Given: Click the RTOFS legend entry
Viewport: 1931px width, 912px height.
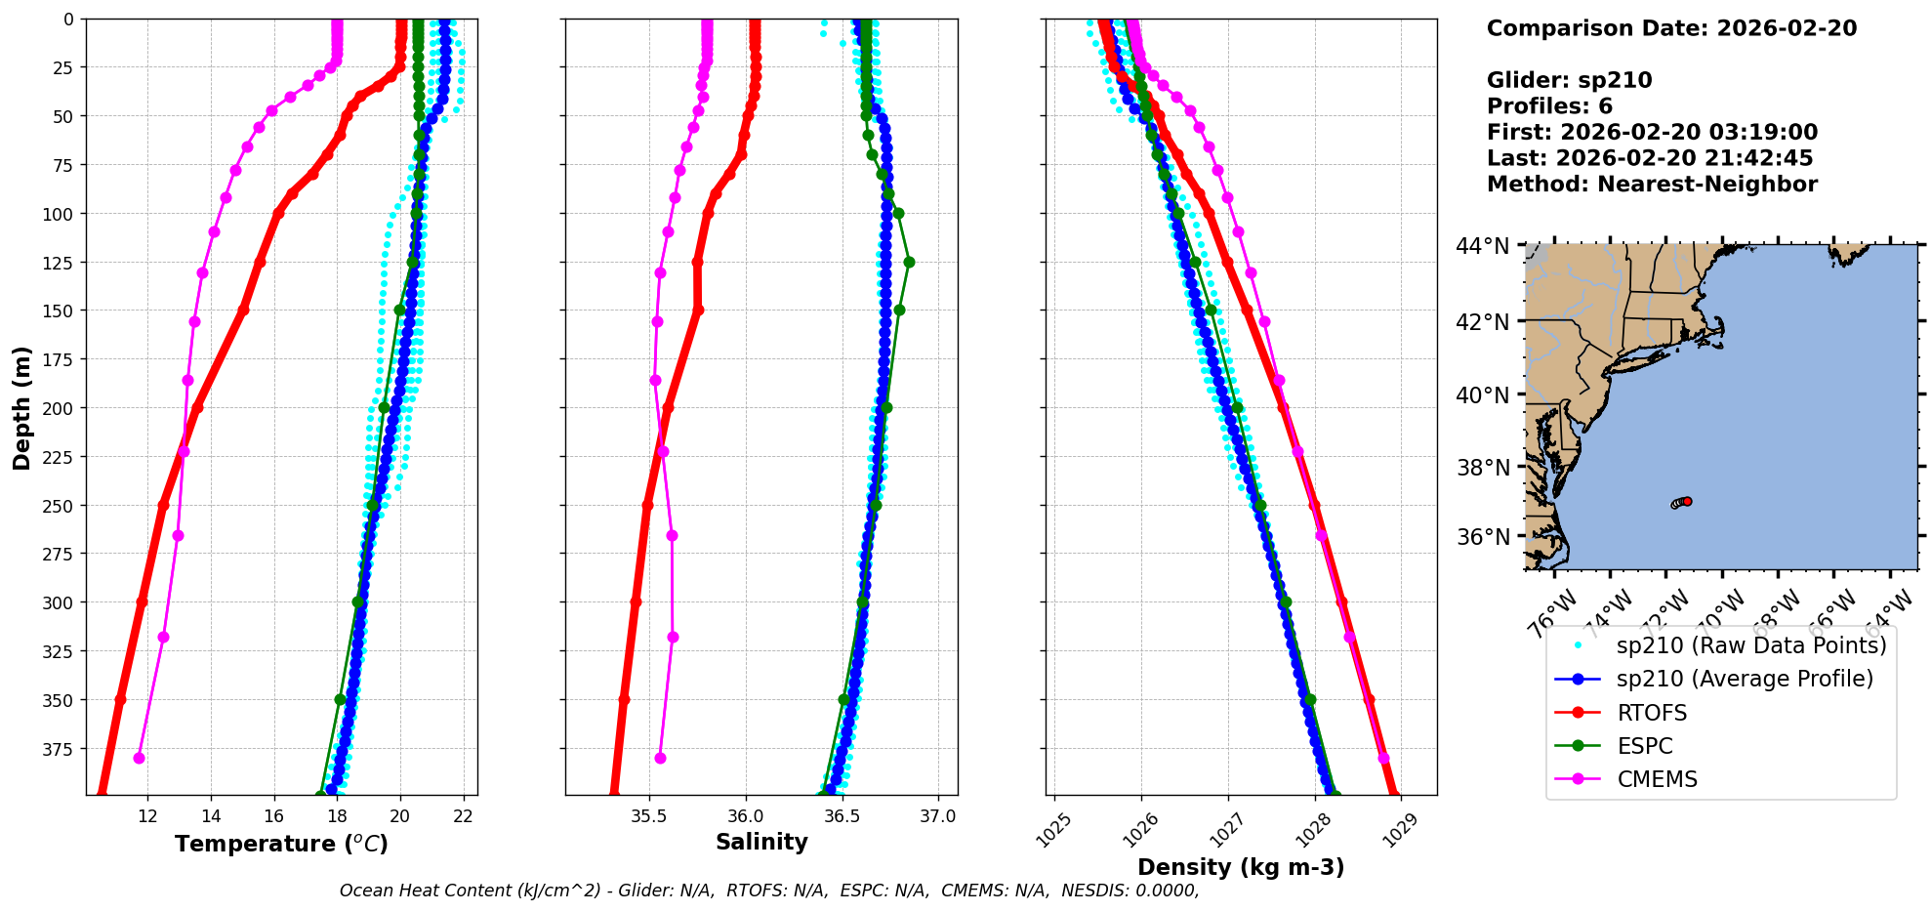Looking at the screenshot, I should [x=1652, y=713].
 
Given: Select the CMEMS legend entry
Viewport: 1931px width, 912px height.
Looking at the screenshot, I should [x=1657, y=779].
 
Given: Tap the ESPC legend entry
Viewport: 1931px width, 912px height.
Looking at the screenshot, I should [x=1644, y=746].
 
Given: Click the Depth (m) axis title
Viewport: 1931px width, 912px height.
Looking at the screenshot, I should [x=21, y=407].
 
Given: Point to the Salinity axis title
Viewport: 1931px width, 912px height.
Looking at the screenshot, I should [x=761, y=842].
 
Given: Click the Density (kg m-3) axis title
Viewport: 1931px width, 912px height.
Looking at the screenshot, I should [x=1241, y=867].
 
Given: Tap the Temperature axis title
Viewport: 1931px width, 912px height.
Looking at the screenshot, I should [x=281, y=844].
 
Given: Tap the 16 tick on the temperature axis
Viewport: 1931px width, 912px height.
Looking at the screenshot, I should [x=273, y=816].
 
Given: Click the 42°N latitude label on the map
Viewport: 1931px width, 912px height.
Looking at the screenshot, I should [x=1482, y=322].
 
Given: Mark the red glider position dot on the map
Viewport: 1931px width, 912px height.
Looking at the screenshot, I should [x=1687, y=501].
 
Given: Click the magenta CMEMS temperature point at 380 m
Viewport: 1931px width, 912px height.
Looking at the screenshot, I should [x=139, y=758].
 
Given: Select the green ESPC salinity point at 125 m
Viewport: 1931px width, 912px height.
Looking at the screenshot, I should [x=909, y=262].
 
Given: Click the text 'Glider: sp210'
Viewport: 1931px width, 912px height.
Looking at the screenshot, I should [x=1569, y=80].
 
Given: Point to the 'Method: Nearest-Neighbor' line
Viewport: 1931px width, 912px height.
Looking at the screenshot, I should [x=1652, y=184].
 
